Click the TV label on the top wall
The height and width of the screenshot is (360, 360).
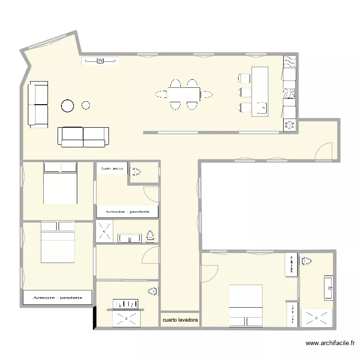point(100,60)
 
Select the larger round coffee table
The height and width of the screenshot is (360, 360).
point(68,106)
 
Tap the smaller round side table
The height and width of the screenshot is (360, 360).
point(86,105)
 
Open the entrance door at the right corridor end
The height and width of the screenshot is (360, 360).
point(323,151)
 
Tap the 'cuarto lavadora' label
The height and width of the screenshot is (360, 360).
point(180,320)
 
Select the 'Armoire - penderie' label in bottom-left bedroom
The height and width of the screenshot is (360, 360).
point(57,298)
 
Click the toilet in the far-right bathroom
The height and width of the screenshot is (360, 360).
point(306,262)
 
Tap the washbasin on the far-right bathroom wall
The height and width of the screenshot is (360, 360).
point(329,288)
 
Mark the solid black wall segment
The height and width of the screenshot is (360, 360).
point(95,317)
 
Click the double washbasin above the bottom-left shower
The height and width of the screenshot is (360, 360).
point(126,304)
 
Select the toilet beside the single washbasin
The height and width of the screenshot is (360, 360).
point(150,236)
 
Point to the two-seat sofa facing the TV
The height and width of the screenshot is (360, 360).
point(83,137)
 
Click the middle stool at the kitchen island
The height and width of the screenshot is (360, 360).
point(245,92)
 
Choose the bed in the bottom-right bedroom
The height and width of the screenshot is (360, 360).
point(246,306)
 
